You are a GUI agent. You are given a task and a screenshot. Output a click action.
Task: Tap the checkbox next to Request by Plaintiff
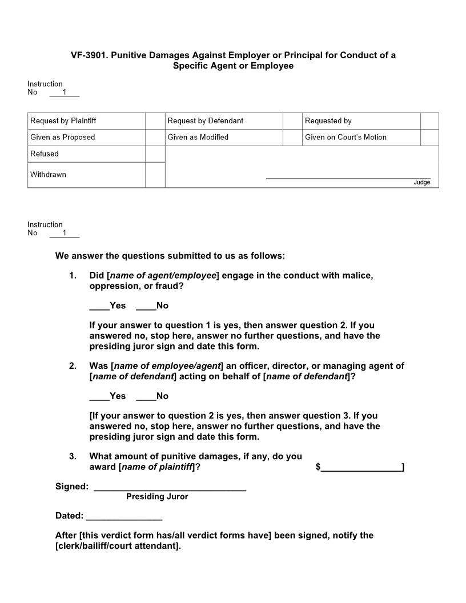(155, 121)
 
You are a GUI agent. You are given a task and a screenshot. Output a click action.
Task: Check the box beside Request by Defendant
(292, 121)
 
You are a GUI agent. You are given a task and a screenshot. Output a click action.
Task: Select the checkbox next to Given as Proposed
(155, 138)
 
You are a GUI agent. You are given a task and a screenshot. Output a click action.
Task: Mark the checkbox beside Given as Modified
(292, 138)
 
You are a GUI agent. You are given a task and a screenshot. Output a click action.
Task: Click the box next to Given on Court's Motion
(429, 138)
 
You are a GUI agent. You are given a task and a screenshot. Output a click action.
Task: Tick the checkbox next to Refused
(155, 154)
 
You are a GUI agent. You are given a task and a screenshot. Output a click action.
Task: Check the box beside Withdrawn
(155, 175)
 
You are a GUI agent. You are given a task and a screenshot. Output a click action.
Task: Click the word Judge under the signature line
(422, 183)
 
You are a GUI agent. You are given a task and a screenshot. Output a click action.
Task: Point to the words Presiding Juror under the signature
(157, 497)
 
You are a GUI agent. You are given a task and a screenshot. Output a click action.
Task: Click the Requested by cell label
(328, 121)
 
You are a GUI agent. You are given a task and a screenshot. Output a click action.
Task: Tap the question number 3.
(73, 456)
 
